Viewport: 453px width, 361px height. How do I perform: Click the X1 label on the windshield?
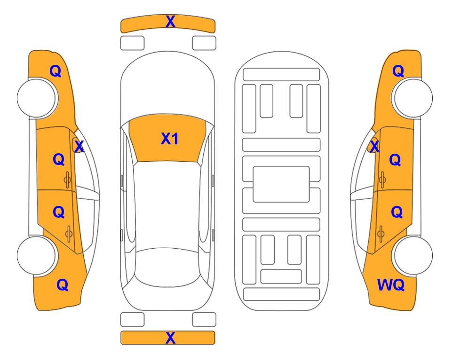click(170, 139)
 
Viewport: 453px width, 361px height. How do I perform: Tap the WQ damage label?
click(390, 285)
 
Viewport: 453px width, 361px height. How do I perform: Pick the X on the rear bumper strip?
click(170, 337)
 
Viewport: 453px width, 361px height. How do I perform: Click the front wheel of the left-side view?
click(37, 98)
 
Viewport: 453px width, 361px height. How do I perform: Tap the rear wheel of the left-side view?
click(37, 255)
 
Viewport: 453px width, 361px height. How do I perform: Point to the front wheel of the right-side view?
click(413, 98)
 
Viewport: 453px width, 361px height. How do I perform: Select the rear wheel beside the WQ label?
click(413, 255)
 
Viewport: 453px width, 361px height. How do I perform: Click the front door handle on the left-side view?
click(67, 180)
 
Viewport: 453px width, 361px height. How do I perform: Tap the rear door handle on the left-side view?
click(69, 234)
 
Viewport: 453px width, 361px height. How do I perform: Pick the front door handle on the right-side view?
click(382, 180)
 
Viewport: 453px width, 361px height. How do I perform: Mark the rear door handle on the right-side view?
click(381, 234)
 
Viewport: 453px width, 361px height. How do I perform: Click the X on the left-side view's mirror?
click(79, 147)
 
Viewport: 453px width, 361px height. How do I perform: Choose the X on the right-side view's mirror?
click(374, 146)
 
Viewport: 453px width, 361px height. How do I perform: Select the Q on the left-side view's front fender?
click(56, 71)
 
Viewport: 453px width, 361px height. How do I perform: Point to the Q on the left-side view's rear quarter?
click(63, 285)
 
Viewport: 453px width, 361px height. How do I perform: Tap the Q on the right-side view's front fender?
click(398, 71)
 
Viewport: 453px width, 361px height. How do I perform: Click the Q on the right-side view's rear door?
click(397, 212)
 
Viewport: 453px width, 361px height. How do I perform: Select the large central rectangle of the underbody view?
click(281, 184)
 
